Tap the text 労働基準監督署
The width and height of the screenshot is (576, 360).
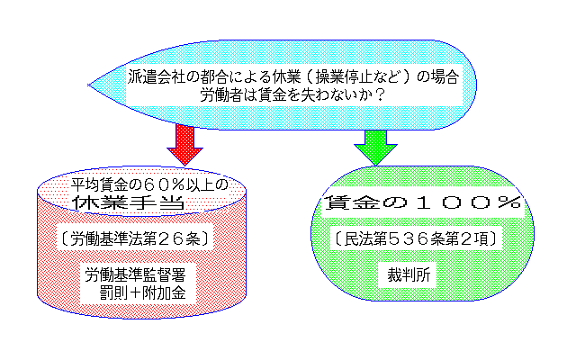134,273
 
